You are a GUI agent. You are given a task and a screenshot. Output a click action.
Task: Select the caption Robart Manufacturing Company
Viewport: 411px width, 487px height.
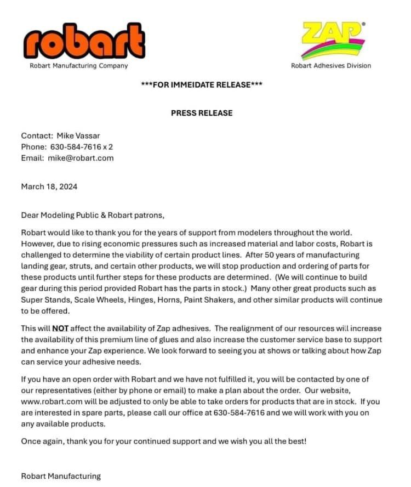(x=78, y=66)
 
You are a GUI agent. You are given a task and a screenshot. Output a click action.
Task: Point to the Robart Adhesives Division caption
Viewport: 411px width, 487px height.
(x=330, y=66)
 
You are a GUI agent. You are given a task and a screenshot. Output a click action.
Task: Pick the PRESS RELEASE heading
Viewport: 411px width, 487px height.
(x=202, y=113)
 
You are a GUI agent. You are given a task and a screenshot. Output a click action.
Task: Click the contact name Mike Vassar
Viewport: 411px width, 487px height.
(x=79, y=135)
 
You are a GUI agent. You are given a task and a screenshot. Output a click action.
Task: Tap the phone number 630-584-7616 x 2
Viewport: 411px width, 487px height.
(x=81, y=147)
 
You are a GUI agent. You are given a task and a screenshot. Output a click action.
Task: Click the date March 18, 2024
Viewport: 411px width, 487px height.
(x=49, y=186)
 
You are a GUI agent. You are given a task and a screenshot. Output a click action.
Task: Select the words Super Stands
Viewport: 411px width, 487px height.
(x=43, y=300)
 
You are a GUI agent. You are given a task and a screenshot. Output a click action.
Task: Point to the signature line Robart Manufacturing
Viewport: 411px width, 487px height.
(x=61, y=476)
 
